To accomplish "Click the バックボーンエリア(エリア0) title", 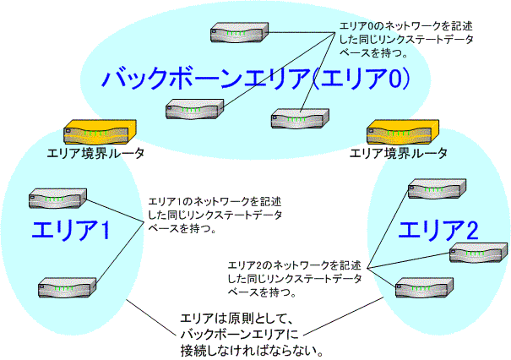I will click(256, 79).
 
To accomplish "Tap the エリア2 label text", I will click(439, 230).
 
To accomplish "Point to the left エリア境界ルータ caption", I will click(95, 153).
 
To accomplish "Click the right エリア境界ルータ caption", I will click(399, 153).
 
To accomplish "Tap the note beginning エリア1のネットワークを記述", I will click(215, 214).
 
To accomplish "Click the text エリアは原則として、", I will click(236, 319).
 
